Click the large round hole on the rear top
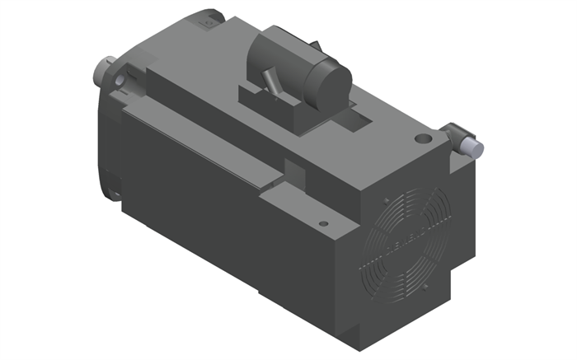pyautogui.click(x=423, y=139)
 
